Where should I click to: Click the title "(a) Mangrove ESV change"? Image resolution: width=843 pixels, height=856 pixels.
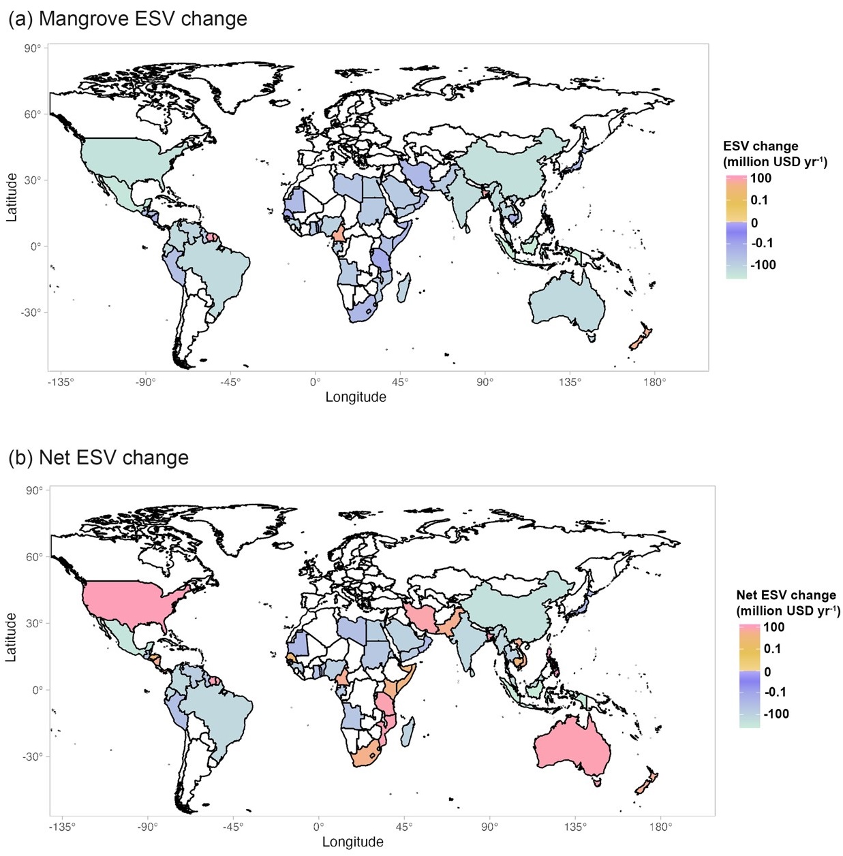pyautogui.click(x=127, y=18)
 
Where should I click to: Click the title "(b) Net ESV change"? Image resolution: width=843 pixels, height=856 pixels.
pyautogui.click(x=98, y=458)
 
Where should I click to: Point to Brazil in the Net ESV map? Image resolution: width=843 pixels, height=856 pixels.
pyautogui.click(x=218, y=712)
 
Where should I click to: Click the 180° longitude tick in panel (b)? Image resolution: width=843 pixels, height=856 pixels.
pyautogui.click(x=660, y=827)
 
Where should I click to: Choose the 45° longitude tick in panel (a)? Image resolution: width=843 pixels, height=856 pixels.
pyautogui.click(x=400, y=382)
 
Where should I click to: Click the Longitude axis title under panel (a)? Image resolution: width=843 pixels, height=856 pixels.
pyautogui.click(x=355, y=397)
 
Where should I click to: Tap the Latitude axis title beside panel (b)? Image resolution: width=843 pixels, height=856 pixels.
pyautogui.click(x=11, y=637)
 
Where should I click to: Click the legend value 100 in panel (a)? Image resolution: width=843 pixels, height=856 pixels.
pyautogui.click(x=761, y=178)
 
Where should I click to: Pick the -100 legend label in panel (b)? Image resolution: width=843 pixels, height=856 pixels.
pyautogui.click(x=776, y=714)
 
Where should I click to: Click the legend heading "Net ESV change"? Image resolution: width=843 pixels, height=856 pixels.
pyautogui.click(x=786, y=595)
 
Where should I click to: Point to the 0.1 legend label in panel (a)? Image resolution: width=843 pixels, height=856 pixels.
pyautogui.click(x=759, y=200)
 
